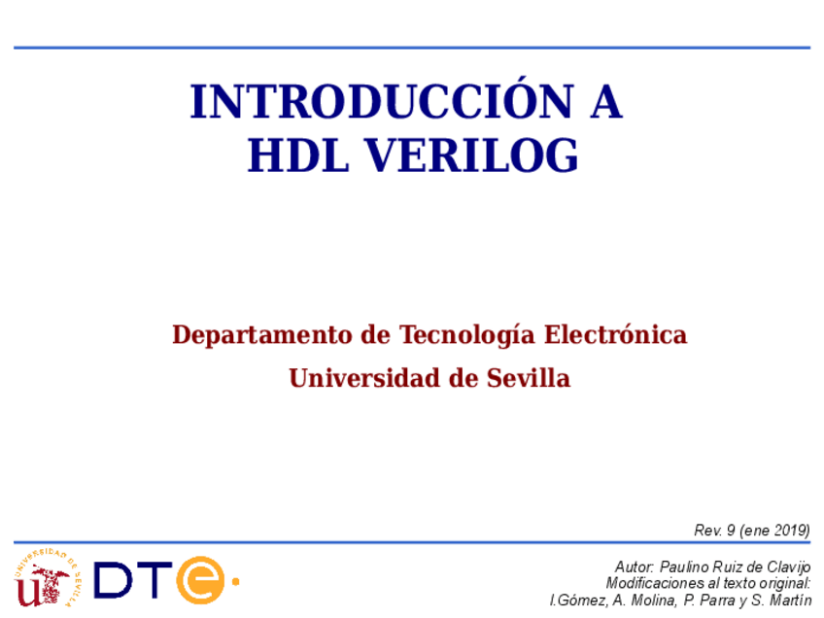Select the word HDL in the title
(289, 156)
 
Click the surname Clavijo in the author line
(786, 566)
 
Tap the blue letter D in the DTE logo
(114, 580)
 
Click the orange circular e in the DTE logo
(200, 580)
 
